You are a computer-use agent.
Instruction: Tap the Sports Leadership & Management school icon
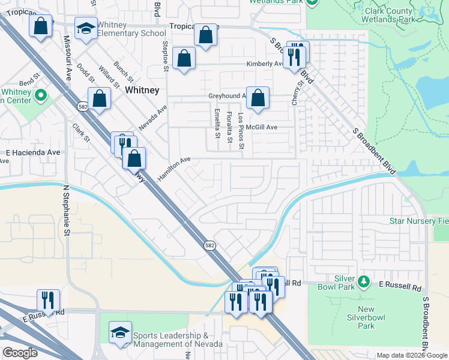[x=120, y=334]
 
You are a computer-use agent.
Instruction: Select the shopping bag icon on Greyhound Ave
[x=258, y=98]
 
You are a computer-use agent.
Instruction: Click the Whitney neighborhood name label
[x=142, y=90]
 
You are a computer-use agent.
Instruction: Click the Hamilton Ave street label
[x=173, y=168]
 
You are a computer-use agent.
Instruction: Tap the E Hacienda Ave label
[x=33, y=152]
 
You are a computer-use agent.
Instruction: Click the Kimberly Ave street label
[x=264, y=64]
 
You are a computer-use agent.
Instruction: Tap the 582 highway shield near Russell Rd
[x=209, y=245]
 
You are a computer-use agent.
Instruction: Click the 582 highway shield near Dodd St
[x=83, y=106]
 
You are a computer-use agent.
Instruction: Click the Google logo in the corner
[x=20, y=353]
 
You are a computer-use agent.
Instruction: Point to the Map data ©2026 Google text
[x=412, y=355]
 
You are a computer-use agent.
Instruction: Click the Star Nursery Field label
[x=419, y=221]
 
